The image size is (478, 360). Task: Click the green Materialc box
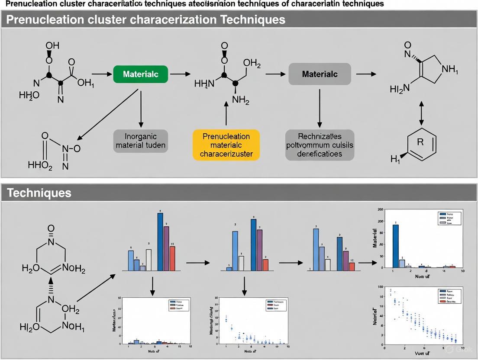point(141,74)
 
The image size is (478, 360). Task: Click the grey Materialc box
point(320,74)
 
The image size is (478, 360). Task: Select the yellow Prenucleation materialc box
point(226,145)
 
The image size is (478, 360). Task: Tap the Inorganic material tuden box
point(140,141)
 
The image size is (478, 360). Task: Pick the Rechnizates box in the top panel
point(320,145)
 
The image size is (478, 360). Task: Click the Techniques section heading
point(39,193)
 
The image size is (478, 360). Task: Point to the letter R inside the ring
point(420,142)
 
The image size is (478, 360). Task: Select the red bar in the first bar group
point(172,258)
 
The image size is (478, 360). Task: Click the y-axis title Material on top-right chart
point(375,239)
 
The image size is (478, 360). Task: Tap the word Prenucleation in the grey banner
point(41,19)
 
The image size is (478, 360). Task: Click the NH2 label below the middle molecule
point(241,100)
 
